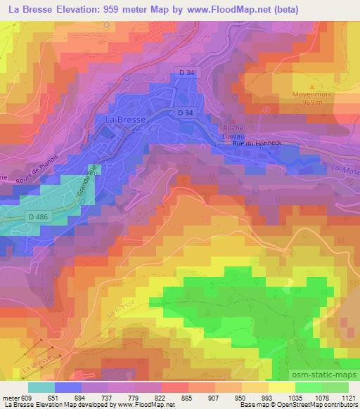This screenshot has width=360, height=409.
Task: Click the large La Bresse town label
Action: [125, 120]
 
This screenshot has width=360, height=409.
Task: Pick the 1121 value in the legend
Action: [347, 397]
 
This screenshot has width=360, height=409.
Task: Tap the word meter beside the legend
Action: [12, 397]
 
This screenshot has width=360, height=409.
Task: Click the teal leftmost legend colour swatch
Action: [41, 387]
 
